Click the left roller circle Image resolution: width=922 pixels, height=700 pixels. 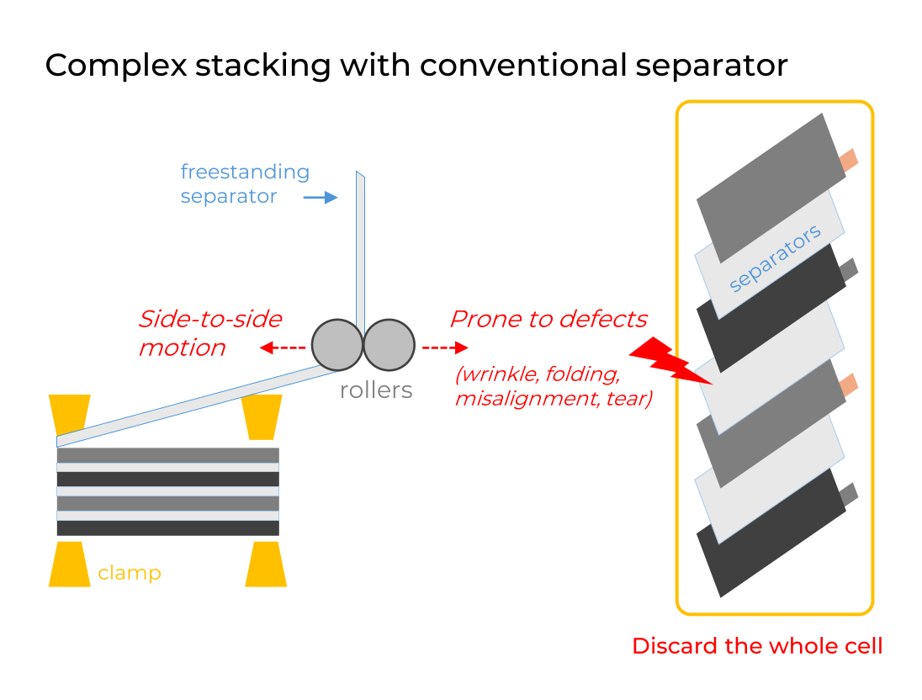point(336,344)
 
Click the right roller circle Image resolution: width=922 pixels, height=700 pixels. point(389,344)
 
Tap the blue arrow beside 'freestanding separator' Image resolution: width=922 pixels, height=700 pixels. point(320,197)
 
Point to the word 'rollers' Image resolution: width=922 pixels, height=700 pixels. point(376,390)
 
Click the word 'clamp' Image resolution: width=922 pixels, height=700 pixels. point(130,574)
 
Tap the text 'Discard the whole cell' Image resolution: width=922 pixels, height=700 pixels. point(757,646)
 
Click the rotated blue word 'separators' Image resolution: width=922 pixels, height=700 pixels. point(774,258)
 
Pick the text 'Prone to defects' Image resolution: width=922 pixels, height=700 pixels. point(548,320)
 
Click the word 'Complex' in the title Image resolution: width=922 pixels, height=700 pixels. point(116,65)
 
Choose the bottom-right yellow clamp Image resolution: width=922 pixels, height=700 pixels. point(266,564)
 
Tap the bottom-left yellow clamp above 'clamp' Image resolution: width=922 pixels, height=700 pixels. point(69,564)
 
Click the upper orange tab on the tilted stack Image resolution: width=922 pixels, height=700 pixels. point(848,159)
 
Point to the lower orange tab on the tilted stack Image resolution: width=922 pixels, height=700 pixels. point(848,384)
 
